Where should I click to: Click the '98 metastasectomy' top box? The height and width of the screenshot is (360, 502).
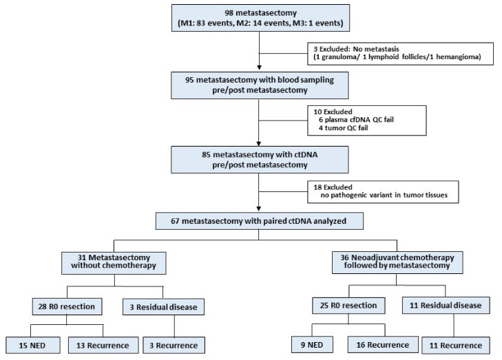[x=260, y=18]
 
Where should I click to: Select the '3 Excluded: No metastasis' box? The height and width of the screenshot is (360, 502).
[x=400, y=54]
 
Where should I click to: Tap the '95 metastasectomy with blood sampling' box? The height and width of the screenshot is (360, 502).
[x=260, y=85]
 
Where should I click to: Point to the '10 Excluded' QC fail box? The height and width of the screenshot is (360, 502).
[x=367, y=120]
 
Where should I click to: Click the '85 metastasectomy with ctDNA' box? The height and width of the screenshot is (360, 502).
[x=260, y=160]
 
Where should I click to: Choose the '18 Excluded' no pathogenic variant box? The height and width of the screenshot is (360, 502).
[x=383, y=192]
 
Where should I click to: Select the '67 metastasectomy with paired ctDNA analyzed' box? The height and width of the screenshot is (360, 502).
[x=260, y=221]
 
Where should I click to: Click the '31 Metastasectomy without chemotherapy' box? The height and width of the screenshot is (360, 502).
[x=114, y=263]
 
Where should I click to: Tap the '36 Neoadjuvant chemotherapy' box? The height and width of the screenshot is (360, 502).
[x=397, y=262]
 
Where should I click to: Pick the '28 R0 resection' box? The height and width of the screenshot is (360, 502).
[x=67, y=306]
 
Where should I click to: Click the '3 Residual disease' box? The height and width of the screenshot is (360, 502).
[x=163, y=307]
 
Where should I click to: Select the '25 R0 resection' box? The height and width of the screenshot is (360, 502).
[x=348, y=306]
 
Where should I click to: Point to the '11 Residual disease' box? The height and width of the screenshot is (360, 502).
[x=446, y=306]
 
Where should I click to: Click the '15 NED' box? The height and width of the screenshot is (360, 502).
[x=32, y=346]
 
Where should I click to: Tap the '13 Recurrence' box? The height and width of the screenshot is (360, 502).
[x=103, y=346]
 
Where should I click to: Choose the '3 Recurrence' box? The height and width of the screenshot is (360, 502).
[x=174, y=346]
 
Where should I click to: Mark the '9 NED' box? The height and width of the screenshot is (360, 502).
[x=312, y=345]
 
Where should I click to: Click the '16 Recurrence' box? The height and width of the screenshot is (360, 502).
[x=383, y=345]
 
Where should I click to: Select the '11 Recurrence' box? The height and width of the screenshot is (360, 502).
[x=456, y=346]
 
